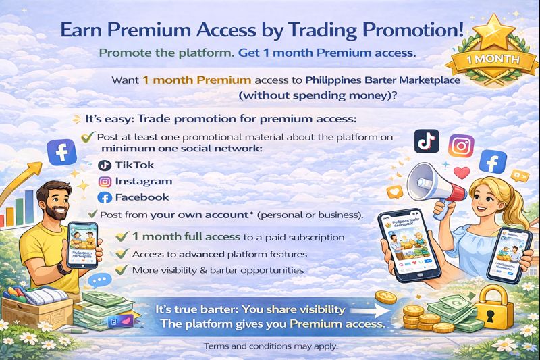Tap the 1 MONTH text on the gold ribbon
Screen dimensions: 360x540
(x=489, y=58)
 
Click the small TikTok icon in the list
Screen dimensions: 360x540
(x=104, y=165)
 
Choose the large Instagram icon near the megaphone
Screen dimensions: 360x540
(x=462, y=146)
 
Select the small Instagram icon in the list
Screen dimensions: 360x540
(x=104, y=181)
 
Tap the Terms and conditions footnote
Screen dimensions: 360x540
(x=270, y=346)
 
